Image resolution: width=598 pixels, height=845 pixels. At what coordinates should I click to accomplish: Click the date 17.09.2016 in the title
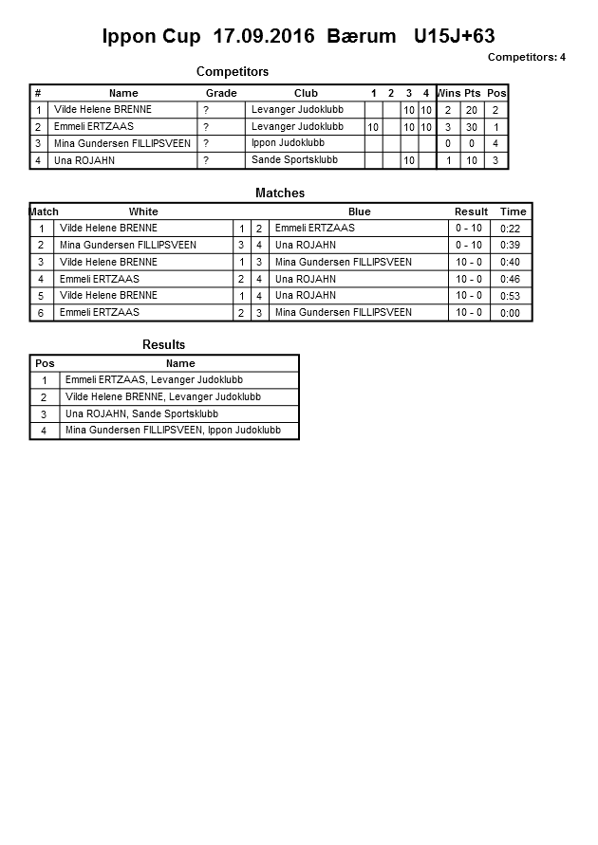266,37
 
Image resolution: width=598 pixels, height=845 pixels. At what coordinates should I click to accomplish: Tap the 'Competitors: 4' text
527,57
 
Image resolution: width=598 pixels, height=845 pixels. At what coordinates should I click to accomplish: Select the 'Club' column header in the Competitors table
306,93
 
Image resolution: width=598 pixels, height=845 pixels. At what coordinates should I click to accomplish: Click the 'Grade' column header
221,93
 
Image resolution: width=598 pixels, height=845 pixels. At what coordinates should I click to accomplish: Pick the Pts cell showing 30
472,127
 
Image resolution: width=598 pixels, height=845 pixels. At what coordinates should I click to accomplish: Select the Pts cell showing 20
472,110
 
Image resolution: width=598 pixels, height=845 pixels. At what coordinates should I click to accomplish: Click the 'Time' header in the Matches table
513,211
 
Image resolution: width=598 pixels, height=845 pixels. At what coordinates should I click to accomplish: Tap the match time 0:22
510,229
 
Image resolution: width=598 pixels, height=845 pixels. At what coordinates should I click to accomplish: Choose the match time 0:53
510,296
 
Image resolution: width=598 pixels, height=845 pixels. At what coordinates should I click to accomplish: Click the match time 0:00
510,313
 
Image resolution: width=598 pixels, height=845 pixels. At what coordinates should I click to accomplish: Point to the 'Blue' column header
359,211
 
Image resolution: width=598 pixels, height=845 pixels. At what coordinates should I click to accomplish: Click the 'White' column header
143,211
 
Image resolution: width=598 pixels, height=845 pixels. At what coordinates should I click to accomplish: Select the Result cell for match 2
469,246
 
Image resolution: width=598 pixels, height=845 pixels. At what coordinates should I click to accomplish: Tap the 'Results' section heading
163,344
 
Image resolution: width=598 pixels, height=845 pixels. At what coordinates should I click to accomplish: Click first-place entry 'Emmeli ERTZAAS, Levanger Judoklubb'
154,380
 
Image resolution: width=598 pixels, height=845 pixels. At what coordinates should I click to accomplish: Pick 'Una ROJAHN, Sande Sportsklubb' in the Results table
141,414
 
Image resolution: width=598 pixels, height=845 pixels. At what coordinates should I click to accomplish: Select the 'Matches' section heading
280,193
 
